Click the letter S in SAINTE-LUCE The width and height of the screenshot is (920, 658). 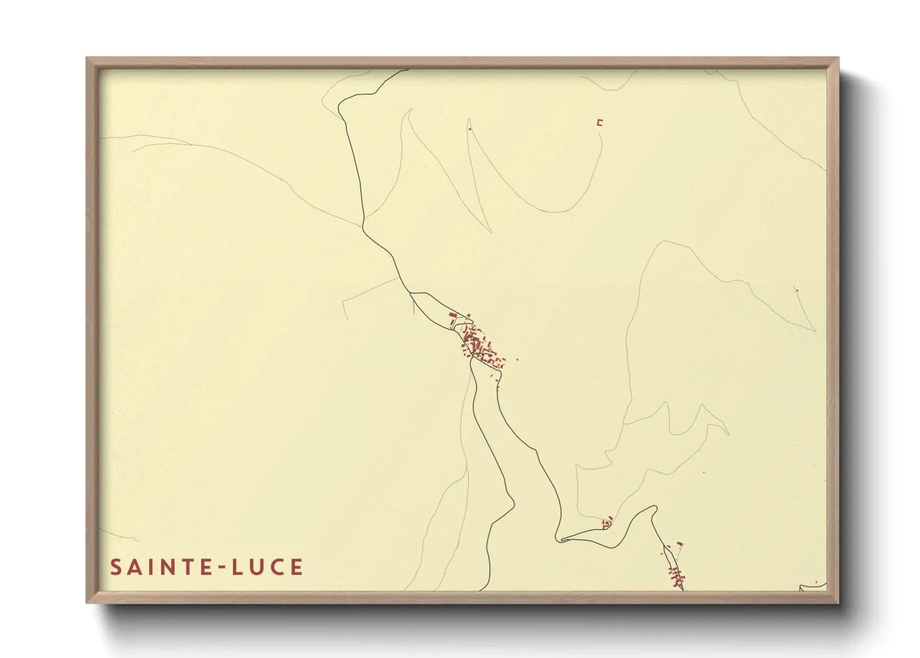pyautogui.click(x=116, y=567)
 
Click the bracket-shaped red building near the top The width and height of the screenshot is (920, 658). pyautogui.click(x=600, y=123)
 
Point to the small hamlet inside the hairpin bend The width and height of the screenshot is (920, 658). pyautogui.click(x=607, y=521)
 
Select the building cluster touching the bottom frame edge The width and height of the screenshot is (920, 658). pyautogui.click(x=676, y=577)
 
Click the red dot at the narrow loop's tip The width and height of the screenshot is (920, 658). pyautogui.click(x=469, y=129)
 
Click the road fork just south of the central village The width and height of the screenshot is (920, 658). pyautogui.click(x=473, y=361)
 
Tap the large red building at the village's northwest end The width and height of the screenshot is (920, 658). pyautogui.click(x=453, y=316)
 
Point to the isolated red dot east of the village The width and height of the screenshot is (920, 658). pyautogui.click(x=517, y=359)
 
